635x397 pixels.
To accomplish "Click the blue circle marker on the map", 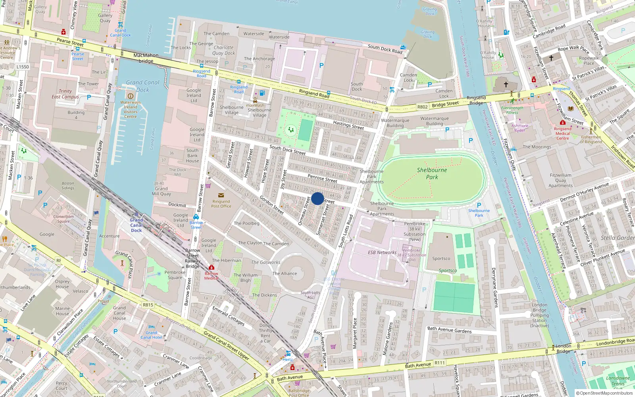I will pyautogui.click(x=317, y=198).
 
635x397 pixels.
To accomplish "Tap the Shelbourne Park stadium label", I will pyautogui.click(x=432, y=173).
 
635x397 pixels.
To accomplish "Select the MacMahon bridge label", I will pyautogui.click(x=146, y=58).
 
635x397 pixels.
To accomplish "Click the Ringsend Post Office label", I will pyautogui.click(x=221, y=204).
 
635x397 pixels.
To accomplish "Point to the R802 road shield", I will pyautogui.click(x=422, y=107).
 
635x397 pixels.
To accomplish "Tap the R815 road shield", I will pyautogui.click(x=148, y=305).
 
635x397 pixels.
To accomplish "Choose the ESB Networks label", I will pyautogui.click(x=382, y=252).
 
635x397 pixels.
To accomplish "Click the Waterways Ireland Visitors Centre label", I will pyautogui.click(x=130, y=109).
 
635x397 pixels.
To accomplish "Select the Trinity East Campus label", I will pyautogui.click(x=65, y=94).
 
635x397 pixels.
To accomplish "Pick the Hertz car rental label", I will pyautogui.click(x=288, y=359).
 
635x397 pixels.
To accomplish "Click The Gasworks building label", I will pyautogui.click(x=266, y=262).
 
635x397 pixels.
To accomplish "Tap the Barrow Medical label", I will pyautogui.click(x=212, y=276).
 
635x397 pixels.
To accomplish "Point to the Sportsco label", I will pyautogui.click(x=441, y=258).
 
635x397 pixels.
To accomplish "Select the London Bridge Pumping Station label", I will pyautogui.click(x=540, y=315).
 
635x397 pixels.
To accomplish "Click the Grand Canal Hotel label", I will pyautogui.click(x=151, y=335).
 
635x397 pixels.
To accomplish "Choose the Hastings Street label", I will pyautogui.click(x=348, y=125).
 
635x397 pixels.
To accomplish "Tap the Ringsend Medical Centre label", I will pyautogui.click(x=562, y=133).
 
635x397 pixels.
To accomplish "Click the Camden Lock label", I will pyautogui.click(x=408, y=77).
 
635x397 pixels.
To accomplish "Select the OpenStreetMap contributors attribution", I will pyautogui.click(x=604, y=393).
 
